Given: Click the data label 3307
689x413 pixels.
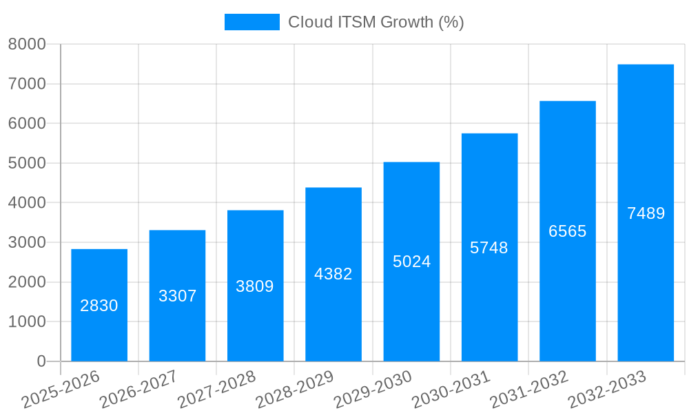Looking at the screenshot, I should (x=177, y=296).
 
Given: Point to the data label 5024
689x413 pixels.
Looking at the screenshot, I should (x=411, y=262).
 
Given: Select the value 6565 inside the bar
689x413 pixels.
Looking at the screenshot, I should (x=567, y=231).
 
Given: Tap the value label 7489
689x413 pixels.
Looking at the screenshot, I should (x=646, y=213).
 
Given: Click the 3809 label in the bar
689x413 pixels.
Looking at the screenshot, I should (x=255, y=286).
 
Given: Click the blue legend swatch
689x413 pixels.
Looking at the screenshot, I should (x=251, y=22).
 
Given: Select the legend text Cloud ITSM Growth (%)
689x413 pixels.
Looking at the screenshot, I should (x=376, y=22).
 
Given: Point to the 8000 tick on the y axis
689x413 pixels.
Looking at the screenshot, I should (x=27, y=44).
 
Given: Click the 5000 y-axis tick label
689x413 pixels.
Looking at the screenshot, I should (x=27, y=163).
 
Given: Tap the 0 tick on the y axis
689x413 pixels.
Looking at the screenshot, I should (x=41, y=361).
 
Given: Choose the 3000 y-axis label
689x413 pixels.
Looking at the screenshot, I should (x=27, y=242).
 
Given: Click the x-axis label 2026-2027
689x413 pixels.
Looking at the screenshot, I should (x=138, y=390).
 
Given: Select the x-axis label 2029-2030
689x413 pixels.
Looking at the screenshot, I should (x=373, y=390).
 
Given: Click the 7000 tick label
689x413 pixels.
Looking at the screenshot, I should (x=27, y=84).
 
